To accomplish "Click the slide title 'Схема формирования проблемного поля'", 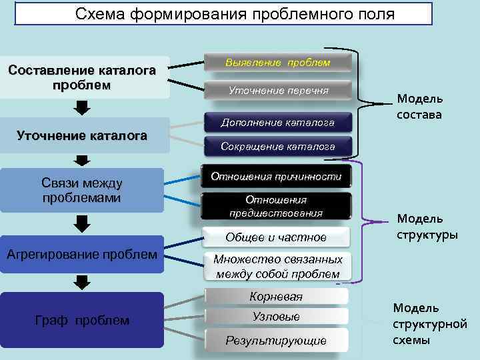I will click(x=223, y=14).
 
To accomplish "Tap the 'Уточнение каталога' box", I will click(x=82, y=136).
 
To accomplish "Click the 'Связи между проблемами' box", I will click(x=82, y=190).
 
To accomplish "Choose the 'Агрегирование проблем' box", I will click(x=82, y=254).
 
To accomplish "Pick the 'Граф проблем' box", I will click(x=82, y=320).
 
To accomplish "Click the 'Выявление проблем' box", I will click(x=277, y=63).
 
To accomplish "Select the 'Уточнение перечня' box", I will click(x=278, y=90).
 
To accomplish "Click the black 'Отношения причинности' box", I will click(x=276, y=177).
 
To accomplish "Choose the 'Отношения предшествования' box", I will click(x=276, y=206).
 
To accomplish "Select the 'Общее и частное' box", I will click(x=276, y=237).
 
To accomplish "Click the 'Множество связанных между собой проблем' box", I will click(x=277, y=267).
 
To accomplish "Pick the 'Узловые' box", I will click(x=276, y=317).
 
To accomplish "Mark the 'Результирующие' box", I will click(x=276, y=340).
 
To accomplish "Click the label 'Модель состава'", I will click(x=420, y=107).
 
